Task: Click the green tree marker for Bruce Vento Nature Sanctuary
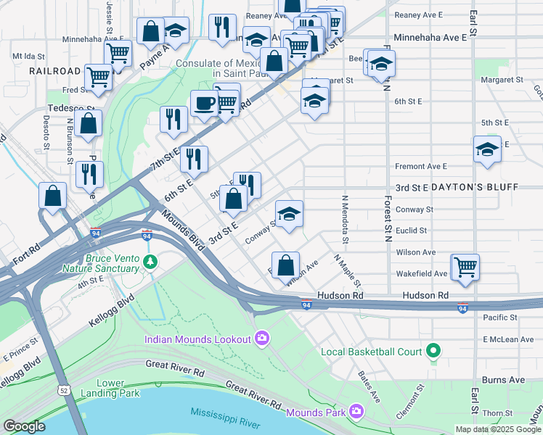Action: click(x=150, y=261)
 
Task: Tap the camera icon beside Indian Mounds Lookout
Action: click(x=262, y=339)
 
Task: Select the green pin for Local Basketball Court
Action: click(x=434, y=352)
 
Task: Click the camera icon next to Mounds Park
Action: click(x=356, y=412)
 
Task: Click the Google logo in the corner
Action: click(x=24, y=426)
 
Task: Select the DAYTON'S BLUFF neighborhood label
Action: click(x=475, y=187)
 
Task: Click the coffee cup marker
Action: click(x=204, y=103)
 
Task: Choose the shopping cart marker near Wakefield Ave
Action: click(x=465, y=266)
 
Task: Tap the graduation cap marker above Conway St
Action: click(x=289, y=214)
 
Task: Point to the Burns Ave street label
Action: click(x=507, y=379)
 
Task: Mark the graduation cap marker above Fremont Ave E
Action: click(x=487, y=150)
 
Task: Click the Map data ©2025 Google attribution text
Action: click(x=498, y=429)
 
